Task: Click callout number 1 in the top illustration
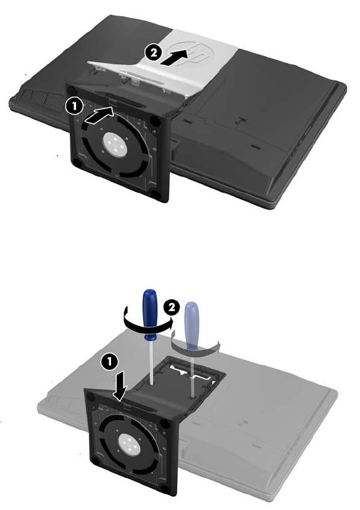tap(74, 107)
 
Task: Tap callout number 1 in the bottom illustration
tap(109, 362)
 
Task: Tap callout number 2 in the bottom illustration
tap(172, 307)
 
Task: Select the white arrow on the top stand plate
tap(99, 116)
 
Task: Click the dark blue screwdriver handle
tap(150, 314)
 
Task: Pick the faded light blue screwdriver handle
tap(191, 325)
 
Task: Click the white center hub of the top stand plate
tap(115, 145)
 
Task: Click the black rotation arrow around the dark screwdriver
tap(147, 327)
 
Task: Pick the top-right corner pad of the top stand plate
tap(155, 121)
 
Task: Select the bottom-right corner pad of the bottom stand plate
tap(167, 498)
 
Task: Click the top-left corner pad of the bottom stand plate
tap(91, 397)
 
